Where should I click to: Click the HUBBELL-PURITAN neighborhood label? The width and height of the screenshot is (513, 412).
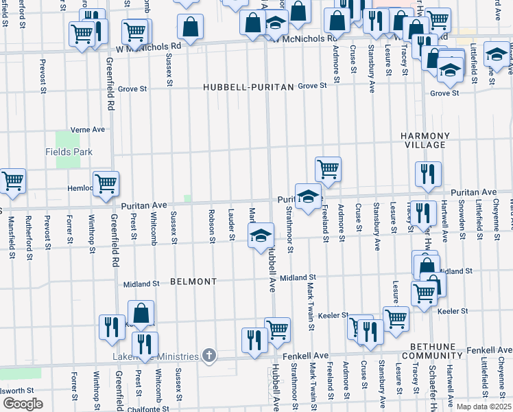(x=248, y=87)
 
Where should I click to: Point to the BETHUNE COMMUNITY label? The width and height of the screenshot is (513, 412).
(x=437, y=352)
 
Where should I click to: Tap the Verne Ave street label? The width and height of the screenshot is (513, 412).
(x=89, y=129)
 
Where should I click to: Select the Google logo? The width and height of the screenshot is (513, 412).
(x=23, y=404)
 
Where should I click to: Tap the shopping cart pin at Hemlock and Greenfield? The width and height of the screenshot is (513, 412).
(x=106, y=183)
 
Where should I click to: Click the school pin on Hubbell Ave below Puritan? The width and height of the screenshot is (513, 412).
(x=260, y=238)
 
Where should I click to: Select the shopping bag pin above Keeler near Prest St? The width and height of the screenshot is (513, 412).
(x=141, y=313)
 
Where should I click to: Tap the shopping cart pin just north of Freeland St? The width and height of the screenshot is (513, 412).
(x=329, y=168)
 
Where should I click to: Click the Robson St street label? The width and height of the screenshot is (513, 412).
(x=212, y=231)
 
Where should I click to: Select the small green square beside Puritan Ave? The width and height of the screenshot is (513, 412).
(x=187, y=199)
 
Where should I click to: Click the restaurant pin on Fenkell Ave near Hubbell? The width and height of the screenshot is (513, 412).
(x=254, y=340)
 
